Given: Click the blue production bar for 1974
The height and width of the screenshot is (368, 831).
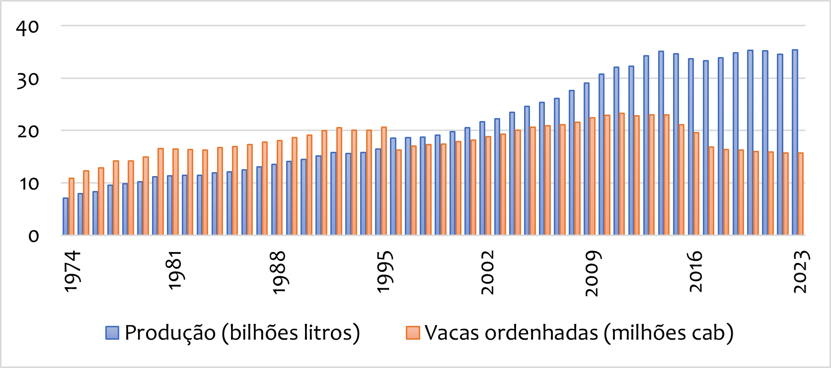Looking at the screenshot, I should click(66, 216).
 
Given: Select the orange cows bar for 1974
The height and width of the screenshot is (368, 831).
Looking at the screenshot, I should click(72, 206).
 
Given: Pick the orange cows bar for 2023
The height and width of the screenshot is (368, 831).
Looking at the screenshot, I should click(801, 194).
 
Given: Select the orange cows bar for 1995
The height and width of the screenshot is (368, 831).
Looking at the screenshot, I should click(384, 181).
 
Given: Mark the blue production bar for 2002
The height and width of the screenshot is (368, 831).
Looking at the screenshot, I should click(482, 178).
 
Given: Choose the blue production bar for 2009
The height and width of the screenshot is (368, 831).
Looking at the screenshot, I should click(587, 159).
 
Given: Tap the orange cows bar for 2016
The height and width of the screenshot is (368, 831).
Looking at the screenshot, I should click(696, 184).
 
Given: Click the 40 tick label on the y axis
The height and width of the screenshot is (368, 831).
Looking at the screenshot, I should click(27, 27).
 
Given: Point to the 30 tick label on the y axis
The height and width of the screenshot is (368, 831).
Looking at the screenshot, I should click(27, 79).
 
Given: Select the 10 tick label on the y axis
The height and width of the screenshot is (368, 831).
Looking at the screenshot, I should click(28, 184).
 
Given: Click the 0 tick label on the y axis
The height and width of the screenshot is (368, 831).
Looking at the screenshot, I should click(33, 236).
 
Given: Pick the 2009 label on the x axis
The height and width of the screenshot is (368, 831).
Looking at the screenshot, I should click(592, 273).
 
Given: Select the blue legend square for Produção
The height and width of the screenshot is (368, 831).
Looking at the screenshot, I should click(112, 333).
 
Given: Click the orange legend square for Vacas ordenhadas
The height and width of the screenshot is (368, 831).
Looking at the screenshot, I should click(413, 333).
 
